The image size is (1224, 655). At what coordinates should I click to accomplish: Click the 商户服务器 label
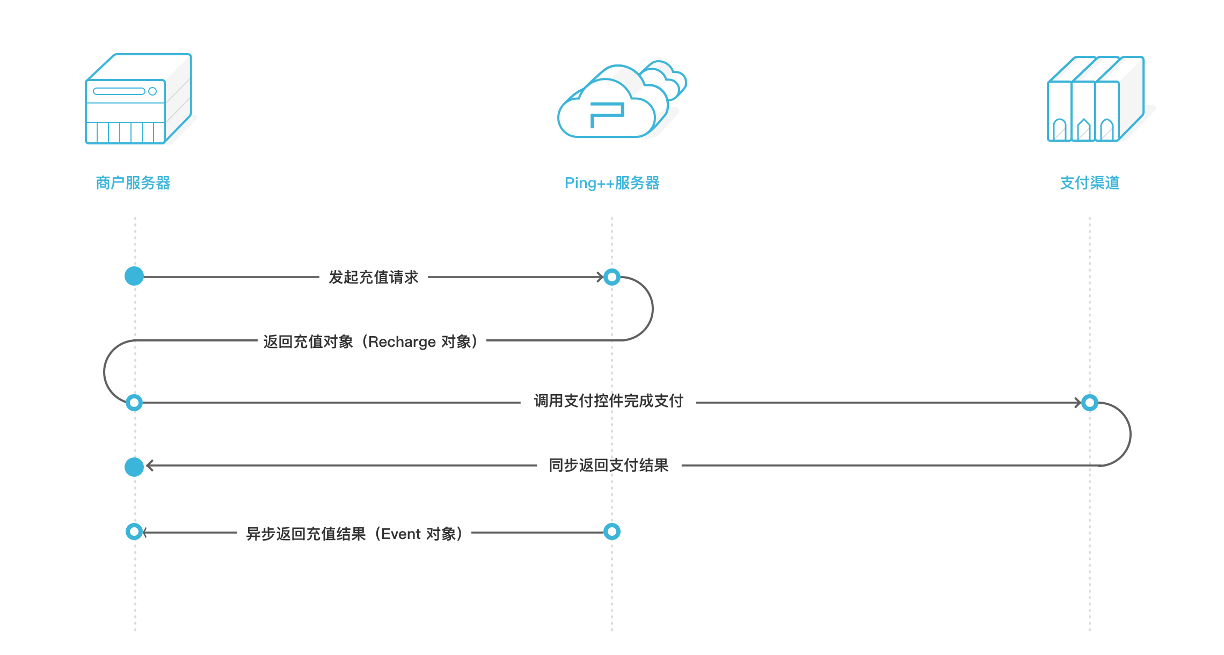pyautogui.click(x=133, y=183)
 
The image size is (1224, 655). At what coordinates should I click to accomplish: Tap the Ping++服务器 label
pyautogui.click(x=611, y=183)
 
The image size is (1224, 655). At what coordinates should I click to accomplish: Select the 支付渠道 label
pyautogui.click(x=1089, y=183)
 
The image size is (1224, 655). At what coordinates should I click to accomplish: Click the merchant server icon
pyautogui.click(x=138, y=99)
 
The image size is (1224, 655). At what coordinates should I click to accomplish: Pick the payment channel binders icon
pyautogui.click(x=1095, y=99)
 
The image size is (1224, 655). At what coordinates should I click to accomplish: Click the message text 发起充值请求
pyautogui.click(x=373, y=278)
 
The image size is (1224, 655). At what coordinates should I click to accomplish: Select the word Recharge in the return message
pyautogui.click(x=402, y=342)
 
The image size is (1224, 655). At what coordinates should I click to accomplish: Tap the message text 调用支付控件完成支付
pyautogui.click(x=608, y=401)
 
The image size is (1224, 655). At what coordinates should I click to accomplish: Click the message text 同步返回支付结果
pyautogui.click(x=608, y=465)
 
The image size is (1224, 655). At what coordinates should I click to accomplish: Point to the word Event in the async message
pyautogui.click(x=400, y=534)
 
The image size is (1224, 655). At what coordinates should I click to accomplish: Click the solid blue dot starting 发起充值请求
pyautogui.click(x=134, y=276)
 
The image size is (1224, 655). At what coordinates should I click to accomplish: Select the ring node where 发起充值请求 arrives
pyautogui.click(x=612, y=277)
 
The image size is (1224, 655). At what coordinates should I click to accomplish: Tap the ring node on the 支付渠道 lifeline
pyautogui.click(x=1090, y=402)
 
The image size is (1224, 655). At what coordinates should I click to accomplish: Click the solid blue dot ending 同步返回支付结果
pyautogui.click(x=134, y=467)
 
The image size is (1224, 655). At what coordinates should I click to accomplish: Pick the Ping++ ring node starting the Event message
pyautogui.click(x=612, y=532)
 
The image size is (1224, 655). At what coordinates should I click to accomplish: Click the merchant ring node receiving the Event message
pyautogui.click(x=134, y=532)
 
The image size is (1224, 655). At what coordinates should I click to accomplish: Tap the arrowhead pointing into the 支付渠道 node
pyautogui.click(x=1078, y=402)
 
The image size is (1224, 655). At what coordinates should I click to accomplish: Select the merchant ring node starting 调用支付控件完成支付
pyautogui.click(x=134, y=402)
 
